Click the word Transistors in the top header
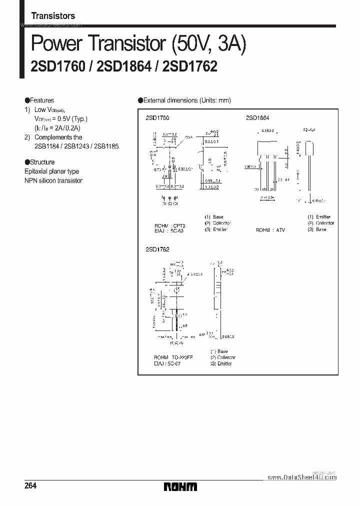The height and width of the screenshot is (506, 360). [x=53, y=16]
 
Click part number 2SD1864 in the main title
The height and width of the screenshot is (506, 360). [x=124, y=67]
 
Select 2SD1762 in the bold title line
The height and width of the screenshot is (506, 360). [x=190, y=67]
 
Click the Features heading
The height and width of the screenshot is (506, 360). [x=42, y=100]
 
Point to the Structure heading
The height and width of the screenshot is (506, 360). [x=42, y=162]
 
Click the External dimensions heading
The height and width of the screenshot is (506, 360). [x=187, y=100]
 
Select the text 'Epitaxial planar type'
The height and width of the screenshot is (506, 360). [x=52, y=171]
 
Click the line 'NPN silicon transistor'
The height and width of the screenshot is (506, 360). [x=53, y=180]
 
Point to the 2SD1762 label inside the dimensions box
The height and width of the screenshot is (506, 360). [x=157, y=249]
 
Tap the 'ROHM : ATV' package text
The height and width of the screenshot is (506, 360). [x=270, y=230]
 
